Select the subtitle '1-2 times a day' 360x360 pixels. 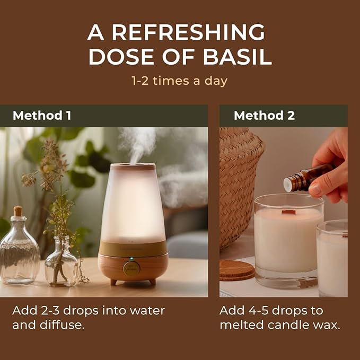(x=180, y=81)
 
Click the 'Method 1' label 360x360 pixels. (x=41, y=116)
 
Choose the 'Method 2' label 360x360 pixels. (x=264, y=116)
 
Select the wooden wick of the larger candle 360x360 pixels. (x=288, y=212)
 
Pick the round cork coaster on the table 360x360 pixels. (x=236, y=269)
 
